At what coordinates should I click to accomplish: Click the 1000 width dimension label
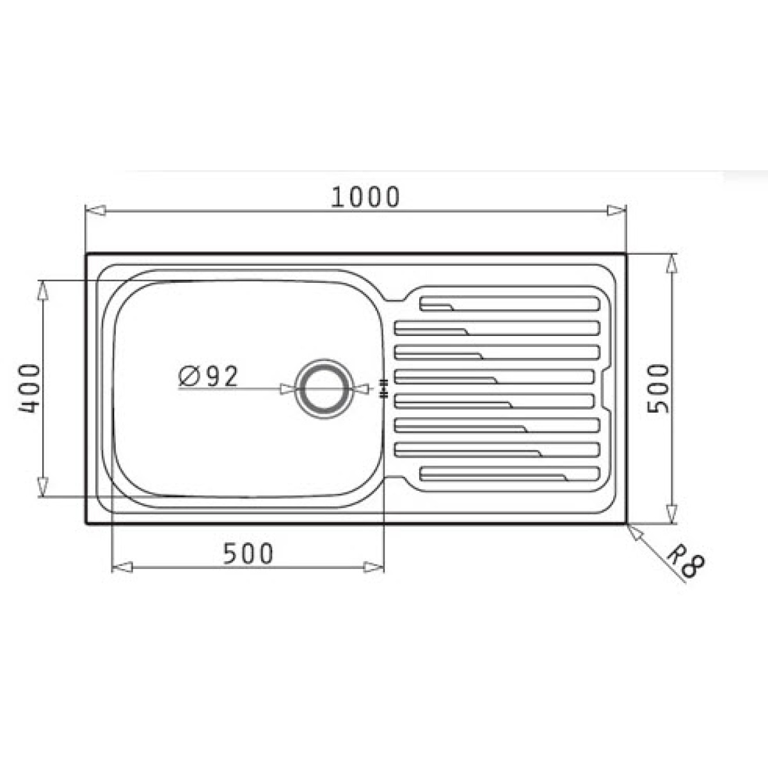[365, 197]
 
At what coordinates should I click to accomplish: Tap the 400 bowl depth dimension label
[30, 388]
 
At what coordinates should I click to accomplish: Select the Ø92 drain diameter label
[208, 376]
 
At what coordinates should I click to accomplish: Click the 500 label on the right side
[657, 388]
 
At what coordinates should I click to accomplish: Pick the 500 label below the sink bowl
[248, 554]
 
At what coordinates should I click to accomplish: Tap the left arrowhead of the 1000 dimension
[96, 210]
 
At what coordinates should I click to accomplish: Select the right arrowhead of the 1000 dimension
[616, 210]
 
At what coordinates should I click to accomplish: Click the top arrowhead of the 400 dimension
[43, 290]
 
